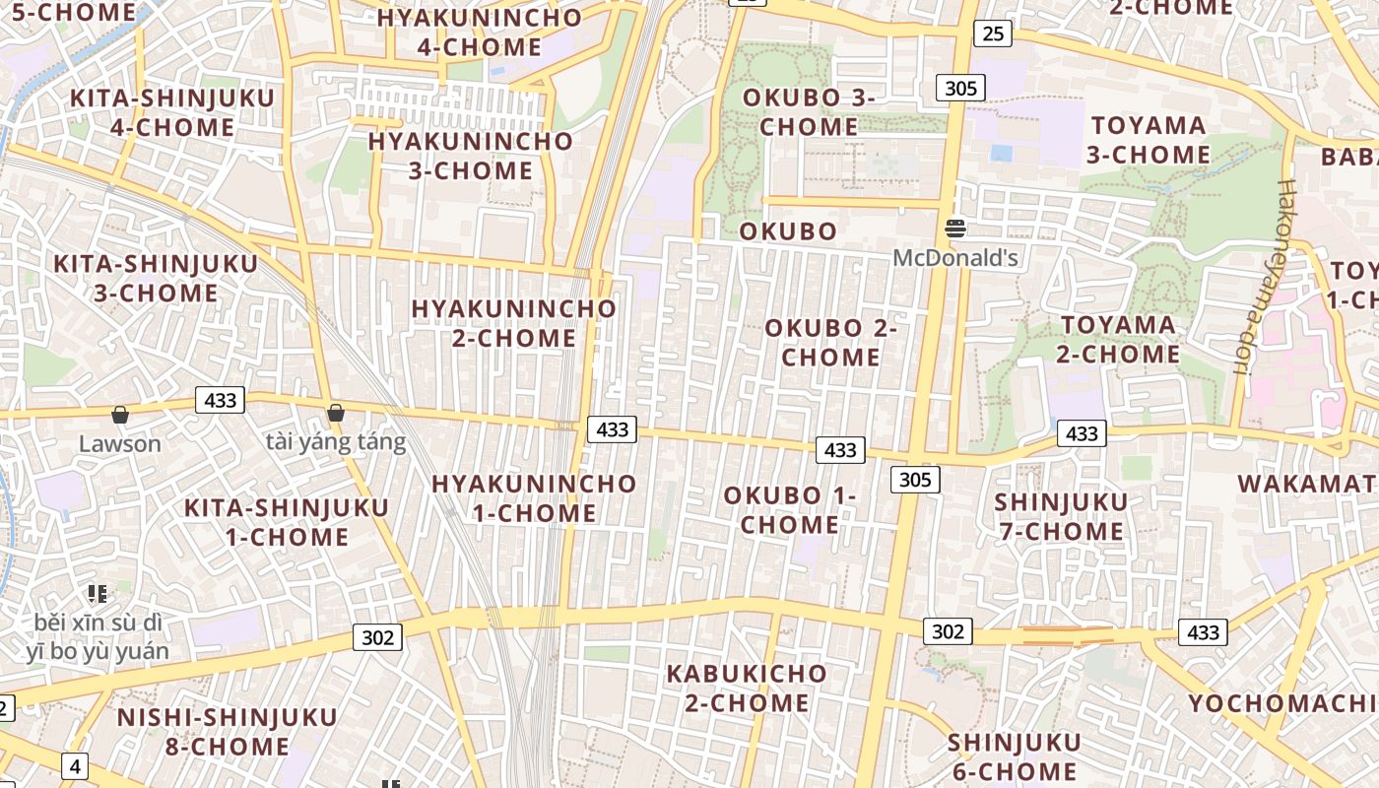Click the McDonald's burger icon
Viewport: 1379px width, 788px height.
pos(954,230)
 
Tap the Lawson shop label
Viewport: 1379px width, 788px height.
pos(119,443)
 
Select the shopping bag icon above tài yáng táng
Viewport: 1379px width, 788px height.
pos(336,413)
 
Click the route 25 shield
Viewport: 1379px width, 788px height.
pos(993,33)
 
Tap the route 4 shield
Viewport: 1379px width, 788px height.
pos(74,765)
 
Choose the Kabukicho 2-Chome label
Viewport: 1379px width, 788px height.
pos(747,689)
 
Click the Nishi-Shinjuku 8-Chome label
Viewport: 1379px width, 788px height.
pos(227,732)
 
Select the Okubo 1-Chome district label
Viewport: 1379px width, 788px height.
pos(790,510)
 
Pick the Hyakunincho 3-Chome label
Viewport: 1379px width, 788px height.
pos(471,156)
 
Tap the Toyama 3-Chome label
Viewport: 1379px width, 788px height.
pos(1149,140)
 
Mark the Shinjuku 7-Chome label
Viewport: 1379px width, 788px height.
pos(1061,517)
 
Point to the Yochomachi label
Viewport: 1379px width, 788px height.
pos(1281,703)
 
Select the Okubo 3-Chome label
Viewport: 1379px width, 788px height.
pos(809,112)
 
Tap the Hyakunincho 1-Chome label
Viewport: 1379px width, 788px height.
pos(534,498)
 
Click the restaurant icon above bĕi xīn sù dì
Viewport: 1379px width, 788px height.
pos(97,594)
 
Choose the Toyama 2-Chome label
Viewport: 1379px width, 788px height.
pos(1118,339)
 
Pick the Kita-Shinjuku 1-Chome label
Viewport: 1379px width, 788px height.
pos(288,522)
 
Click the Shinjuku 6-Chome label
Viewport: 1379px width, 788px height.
pos(1015,756)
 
